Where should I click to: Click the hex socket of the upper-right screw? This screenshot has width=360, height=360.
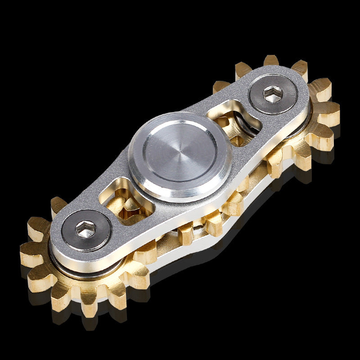273,94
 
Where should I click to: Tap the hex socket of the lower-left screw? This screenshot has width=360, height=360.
85,230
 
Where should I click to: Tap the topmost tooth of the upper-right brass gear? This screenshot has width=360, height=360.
271,61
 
